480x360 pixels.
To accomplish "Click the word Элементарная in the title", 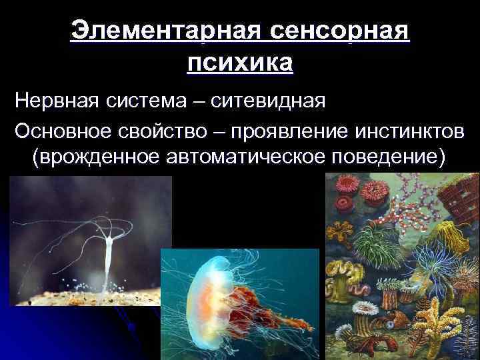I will (x=167, y=32).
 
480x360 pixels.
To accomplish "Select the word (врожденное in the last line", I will (x=93, y=160).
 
